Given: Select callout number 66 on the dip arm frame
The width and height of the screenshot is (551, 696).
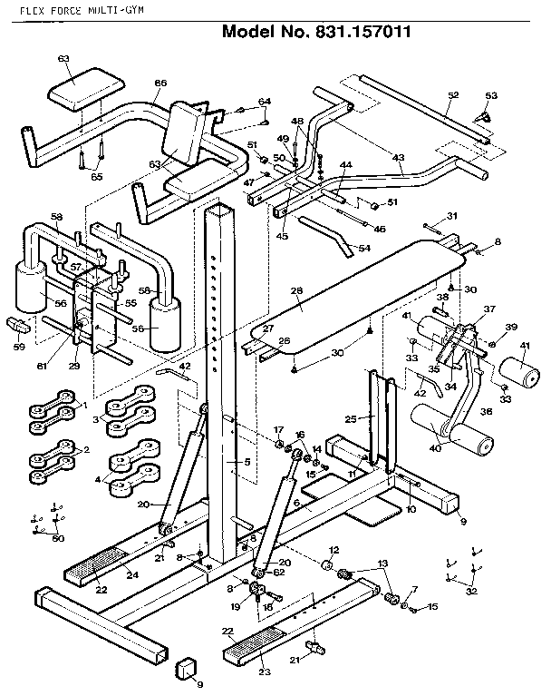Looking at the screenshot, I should (160, 84).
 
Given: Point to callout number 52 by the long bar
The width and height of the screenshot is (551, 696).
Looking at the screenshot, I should (453, 94).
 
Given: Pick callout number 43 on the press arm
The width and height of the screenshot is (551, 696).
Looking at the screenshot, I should (398, 158).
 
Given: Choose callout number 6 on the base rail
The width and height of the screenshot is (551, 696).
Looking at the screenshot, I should (297, 501).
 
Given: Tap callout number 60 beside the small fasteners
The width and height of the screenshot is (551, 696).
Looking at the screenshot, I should (59, 539).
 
